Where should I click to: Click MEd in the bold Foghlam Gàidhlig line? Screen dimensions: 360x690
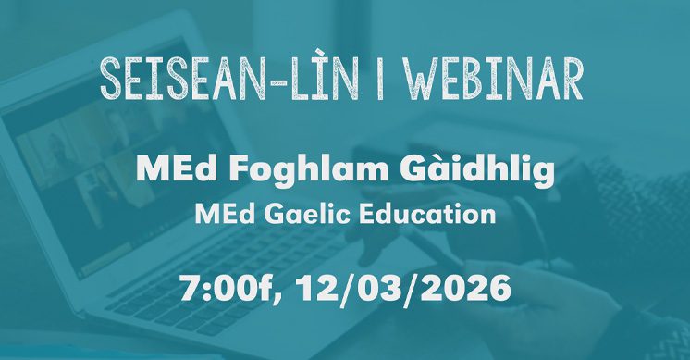170,168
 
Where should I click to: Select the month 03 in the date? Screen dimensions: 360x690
388,287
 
